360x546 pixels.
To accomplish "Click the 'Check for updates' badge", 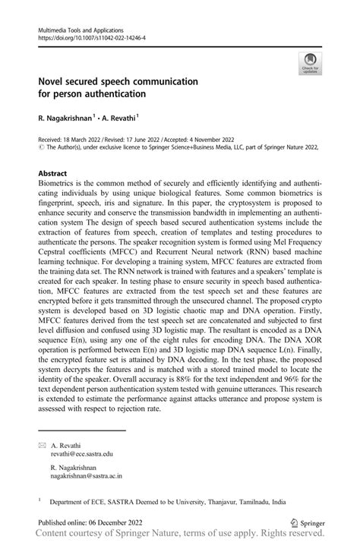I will click(310, 63).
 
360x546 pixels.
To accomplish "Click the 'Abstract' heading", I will click(55, 173).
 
